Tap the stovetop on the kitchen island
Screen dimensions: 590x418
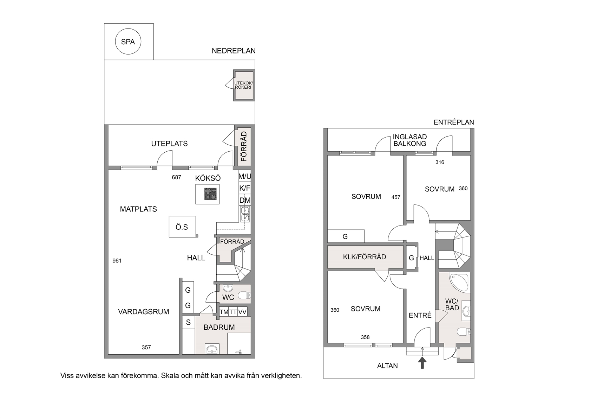[210, 194]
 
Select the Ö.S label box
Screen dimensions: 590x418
[182, 227]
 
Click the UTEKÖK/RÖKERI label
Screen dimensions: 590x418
[243, 85]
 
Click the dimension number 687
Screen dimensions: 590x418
[176, 177]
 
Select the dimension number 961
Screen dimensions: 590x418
[117, 261]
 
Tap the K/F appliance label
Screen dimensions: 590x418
[245, 188]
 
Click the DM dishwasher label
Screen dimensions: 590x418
[245, 200]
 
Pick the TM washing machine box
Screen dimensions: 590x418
[224, 312]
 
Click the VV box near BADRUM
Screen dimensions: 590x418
[242, 312]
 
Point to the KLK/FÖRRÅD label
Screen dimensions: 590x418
[365, 257]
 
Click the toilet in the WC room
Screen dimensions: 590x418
[244, 295]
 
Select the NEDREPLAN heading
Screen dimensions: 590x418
[234, 51]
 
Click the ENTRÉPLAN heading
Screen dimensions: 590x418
[454, 122]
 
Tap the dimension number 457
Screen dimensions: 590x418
[396, 197]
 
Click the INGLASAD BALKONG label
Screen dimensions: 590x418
[410, 140]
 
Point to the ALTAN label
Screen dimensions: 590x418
[387, 366]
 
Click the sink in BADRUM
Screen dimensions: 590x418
[212, 349]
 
